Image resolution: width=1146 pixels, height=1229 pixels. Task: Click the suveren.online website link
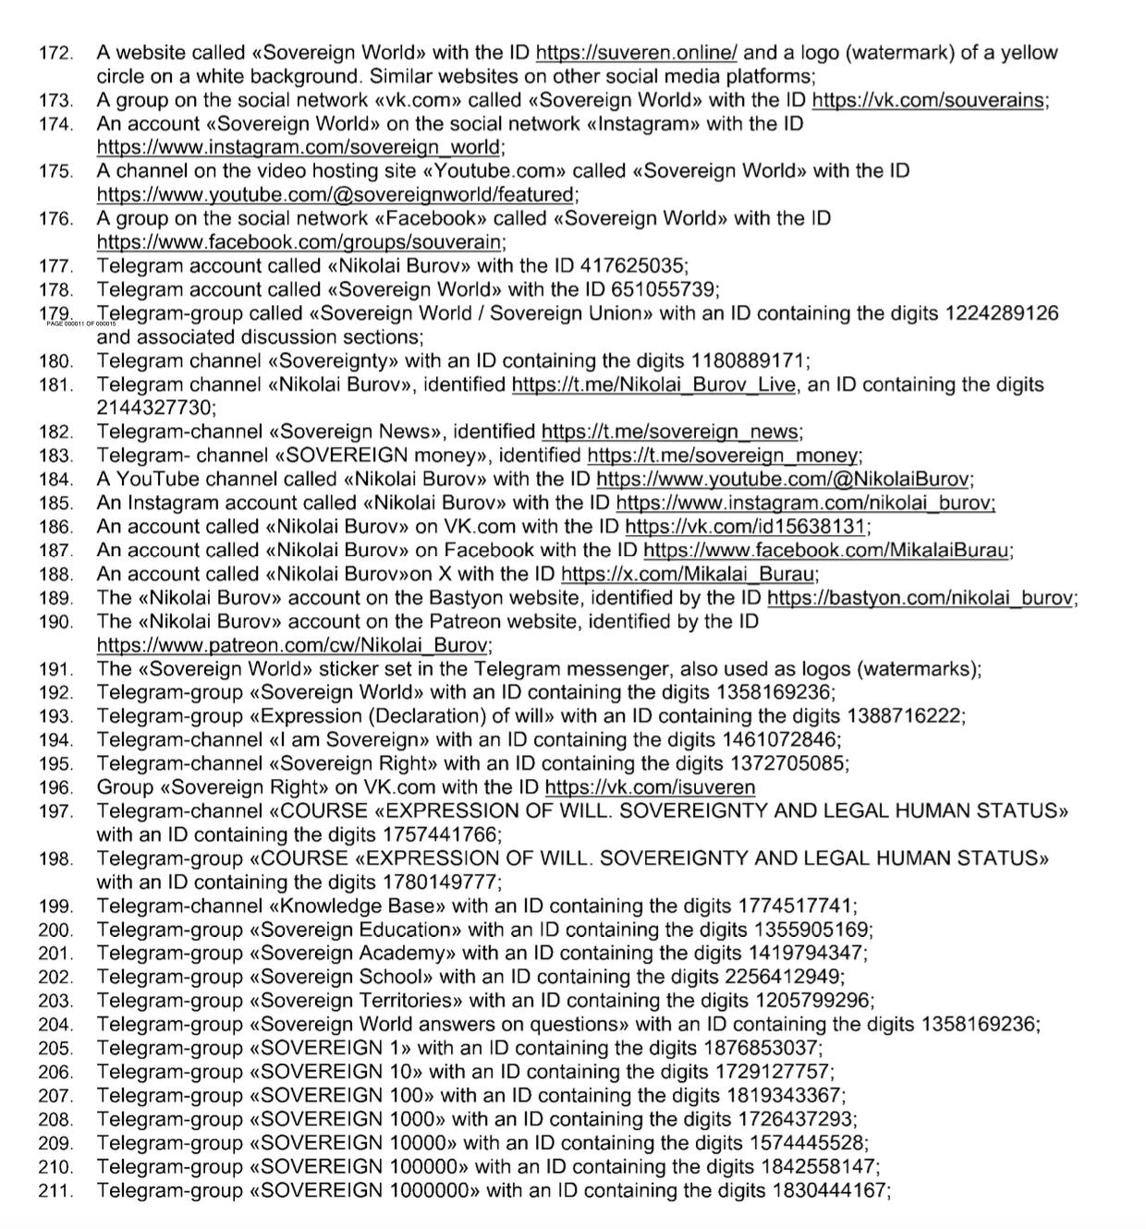(x=637, y=53)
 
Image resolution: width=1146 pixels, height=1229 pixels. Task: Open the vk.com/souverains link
(x=928, y=101)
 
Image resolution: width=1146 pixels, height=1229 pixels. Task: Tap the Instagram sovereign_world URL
(x=299, y=148)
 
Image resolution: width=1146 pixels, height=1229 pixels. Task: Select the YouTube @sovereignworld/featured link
(x=335, y=195)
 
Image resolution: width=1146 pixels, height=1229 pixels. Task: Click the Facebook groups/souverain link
(x=299, y=243)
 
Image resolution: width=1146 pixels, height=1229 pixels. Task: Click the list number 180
(x=55, y=361)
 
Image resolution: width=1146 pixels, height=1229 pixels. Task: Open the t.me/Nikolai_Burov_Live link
(x=652, y=384)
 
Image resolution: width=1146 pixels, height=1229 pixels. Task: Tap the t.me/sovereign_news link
(x=670, y=432)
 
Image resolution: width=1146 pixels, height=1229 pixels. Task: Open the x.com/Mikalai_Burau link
(x=689, y=574)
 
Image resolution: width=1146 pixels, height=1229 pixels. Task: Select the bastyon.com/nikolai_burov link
(x=920, y=598)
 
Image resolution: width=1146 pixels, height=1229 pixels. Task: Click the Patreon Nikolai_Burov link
(x=292, y=645)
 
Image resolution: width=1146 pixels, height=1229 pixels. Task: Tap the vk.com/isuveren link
(x=650, y=787)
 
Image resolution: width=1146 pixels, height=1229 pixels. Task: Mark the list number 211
(x=55, y=1191)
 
